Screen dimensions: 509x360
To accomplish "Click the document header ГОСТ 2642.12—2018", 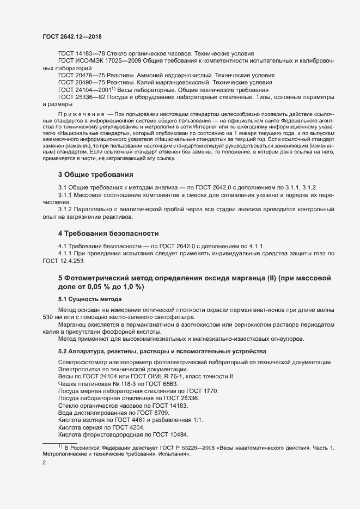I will click(72, 36).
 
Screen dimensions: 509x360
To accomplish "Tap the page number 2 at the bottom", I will click(44, 464).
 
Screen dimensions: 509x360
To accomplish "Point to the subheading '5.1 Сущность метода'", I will click(90, 299).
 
